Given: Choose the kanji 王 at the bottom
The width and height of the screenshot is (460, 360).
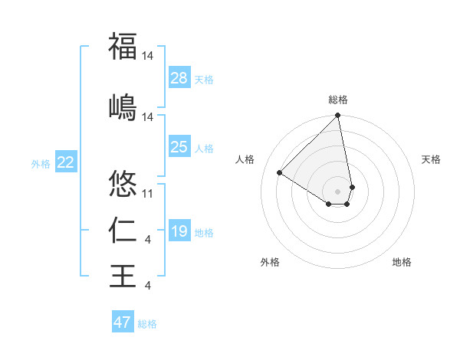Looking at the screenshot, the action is (123, 275).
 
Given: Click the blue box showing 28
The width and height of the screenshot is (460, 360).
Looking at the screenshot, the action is (179, 78).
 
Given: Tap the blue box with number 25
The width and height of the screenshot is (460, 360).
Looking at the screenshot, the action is (179, 147).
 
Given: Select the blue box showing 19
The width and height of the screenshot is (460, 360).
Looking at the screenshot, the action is (179, 231).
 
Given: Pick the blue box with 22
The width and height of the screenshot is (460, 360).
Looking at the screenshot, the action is (66, 162).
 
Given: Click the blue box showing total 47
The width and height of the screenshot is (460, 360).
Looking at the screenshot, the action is (123, 322).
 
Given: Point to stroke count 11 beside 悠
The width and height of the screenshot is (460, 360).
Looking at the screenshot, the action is (148, 195).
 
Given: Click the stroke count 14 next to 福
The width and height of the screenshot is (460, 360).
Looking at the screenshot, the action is (148, 56).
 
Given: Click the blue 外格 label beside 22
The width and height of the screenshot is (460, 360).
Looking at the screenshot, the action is (41, 163).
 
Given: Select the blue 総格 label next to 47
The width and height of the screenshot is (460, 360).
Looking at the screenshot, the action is (148, 324).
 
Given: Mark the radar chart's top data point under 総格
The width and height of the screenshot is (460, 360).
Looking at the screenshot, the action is (337, 116).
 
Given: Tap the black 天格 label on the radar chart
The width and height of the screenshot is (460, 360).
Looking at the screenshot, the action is (431, 159).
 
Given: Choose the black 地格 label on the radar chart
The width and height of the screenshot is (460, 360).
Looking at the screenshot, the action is (402, 262).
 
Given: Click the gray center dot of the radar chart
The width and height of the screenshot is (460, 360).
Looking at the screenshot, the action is (337, 191).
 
